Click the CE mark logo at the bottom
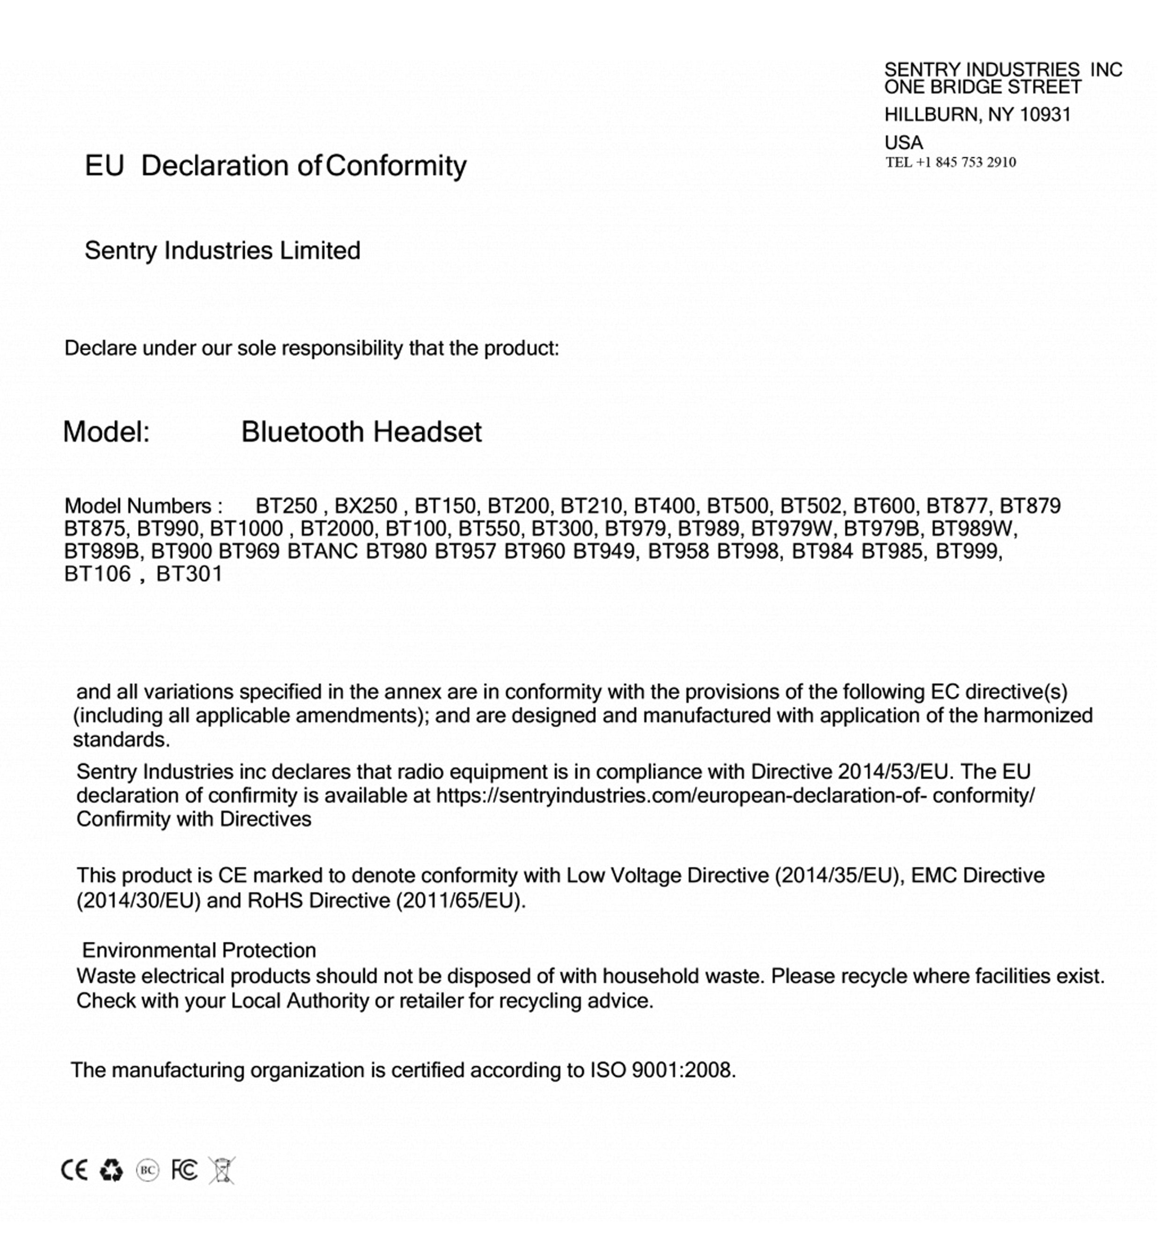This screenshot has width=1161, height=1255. tap(74, 1169)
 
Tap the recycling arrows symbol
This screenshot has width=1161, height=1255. tap(111, 1169)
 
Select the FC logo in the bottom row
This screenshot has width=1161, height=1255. tap(184, 1169)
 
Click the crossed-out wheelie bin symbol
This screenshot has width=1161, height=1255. tap(222, 1169)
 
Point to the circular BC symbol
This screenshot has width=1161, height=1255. tap(147, 1169)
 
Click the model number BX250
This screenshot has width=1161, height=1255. tap(366, 506)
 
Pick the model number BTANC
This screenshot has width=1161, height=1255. tap(322, 551)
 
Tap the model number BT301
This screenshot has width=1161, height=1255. tap(189, 574)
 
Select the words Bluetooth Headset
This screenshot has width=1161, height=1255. tap(361, 432)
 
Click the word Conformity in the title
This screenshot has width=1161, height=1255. tap(396, 166)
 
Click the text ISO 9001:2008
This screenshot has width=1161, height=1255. tap(661, 1070)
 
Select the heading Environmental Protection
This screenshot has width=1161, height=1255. tap(199, 950)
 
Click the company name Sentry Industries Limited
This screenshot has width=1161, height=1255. tap(222, 251)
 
